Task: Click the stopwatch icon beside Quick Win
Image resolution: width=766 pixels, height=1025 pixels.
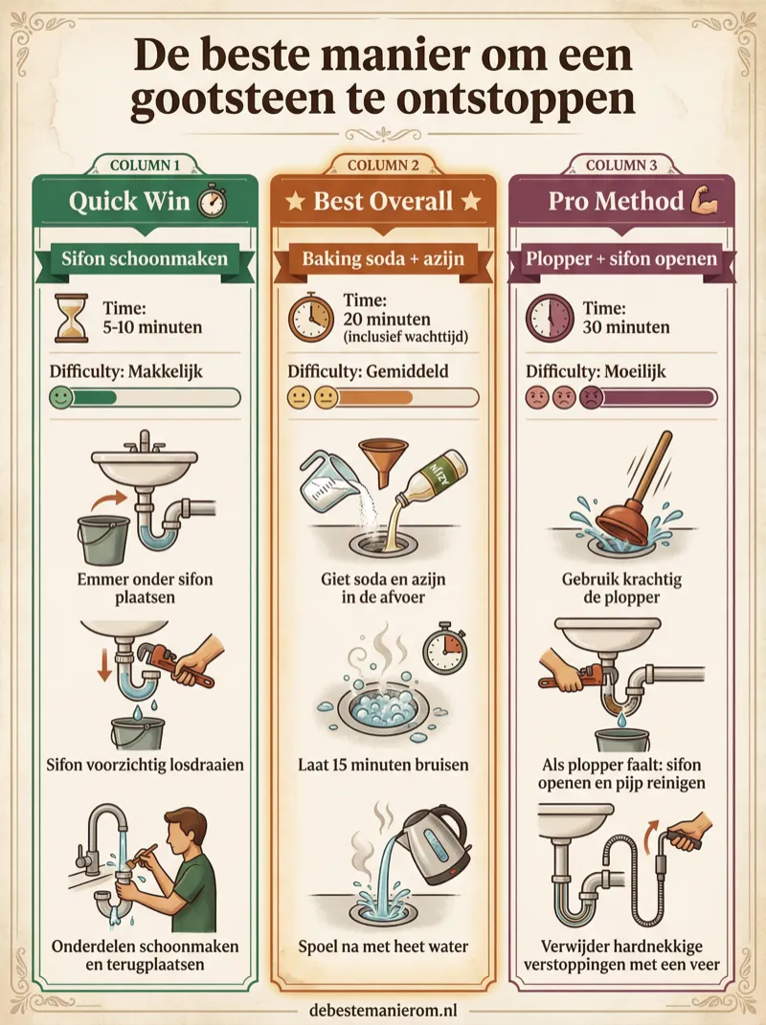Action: [212, 201]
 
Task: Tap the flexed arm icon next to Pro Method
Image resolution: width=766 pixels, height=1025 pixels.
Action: [705, 200]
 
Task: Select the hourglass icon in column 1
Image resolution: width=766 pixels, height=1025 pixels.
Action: [71, 319]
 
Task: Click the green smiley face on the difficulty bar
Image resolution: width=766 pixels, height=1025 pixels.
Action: [61, 397]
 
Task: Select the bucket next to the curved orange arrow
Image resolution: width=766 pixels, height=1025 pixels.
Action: [103, 540]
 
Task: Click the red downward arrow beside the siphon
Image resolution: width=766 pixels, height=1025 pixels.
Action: [104, 664]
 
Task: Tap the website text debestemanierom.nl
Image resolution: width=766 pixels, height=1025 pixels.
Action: [383, 1009]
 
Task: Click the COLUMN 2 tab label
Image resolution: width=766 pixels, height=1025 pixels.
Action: [383, 165]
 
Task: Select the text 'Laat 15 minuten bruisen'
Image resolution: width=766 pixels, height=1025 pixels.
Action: [383, 764]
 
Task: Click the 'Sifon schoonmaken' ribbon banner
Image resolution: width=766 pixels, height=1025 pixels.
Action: [144, 258]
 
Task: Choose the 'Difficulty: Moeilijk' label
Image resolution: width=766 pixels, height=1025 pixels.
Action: [596, 371]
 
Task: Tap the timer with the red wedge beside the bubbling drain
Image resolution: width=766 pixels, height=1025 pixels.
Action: [444, 650]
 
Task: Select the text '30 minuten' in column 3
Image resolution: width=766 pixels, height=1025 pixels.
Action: [626, 327]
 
